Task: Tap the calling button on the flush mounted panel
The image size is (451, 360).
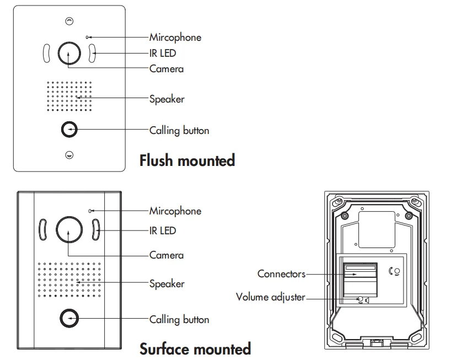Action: coord(69,130)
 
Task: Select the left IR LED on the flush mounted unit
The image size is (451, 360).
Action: coord(47,53)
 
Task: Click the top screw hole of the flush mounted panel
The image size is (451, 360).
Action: coord(69,20)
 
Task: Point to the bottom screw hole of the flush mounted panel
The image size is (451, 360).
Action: coord(69,155)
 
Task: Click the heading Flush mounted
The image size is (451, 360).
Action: coord(187,160)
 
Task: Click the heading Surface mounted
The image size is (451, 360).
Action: coord(195,349)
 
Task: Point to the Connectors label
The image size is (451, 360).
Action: coord(281,274)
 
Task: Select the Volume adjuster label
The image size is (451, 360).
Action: coord(270,297)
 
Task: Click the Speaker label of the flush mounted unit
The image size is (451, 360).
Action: coord(167,99)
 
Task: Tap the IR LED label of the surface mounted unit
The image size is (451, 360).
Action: coord(163,230)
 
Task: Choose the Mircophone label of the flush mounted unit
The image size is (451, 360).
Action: coord(175,37)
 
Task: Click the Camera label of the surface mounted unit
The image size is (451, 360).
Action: coord(167,255)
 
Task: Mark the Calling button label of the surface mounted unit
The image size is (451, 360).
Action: coord(179,319)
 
